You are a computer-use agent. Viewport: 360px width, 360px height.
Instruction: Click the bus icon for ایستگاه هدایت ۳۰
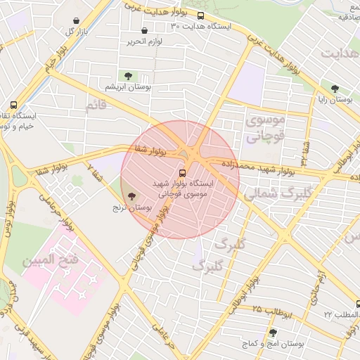(x=201, y=15)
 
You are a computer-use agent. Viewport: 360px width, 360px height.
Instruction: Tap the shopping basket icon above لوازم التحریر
(x=145, y=31)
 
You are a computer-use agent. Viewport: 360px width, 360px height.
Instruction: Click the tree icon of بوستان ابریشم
(x=127, y=76)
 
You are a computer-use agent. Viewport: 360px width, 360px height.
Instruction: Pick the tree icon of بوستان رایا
(x=335, y=89)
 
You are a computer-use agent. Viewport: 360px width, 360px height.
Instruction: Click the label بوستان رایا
(x=335, y=101)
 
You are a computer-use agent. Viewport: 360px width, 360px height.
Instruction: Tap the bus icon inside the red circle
(x=183, y=172)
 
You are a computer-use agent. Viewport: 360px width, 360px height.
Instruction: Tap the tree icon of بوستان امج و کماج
(x=273, y=333)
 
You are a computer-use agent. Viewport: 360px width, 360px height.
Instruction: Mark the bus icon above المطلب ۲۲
(x=358, y=304)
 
